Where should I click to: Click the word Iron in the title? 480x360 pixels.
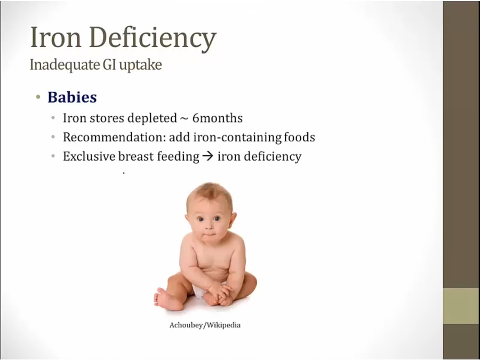[x=55, y=37]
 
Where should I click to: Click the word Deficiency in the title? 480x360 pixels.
[x=153, y=39]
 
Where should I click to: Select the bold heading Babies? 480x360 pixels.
[x=72, y=98]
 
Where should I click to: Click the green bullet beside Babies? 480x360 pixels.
[x=38, y=98]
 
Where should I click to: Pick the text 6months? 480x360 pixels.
[x=218, y=118]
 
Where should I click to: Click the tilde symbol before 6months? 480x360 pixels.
[x=185, y=119]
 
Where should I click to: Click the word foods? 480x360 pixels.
[x=299, y=137]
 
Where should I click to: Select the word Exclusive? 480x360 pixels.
[x=89, y=156]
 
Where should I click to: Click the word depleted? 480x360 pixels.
[x=152, y=119]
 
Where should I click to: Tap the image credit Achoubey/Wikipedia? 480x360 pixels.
[x=205, y=325]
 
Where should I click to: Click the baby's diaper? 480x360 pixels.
[x=199, y=291]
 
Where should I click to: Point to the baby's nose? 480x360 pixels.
[x=209, y=227]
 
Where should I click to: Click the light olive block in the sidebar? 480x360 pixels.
[x=461, y=306]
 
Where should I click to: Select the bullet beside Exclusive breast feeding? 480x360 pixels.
[x=53, y=156]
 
